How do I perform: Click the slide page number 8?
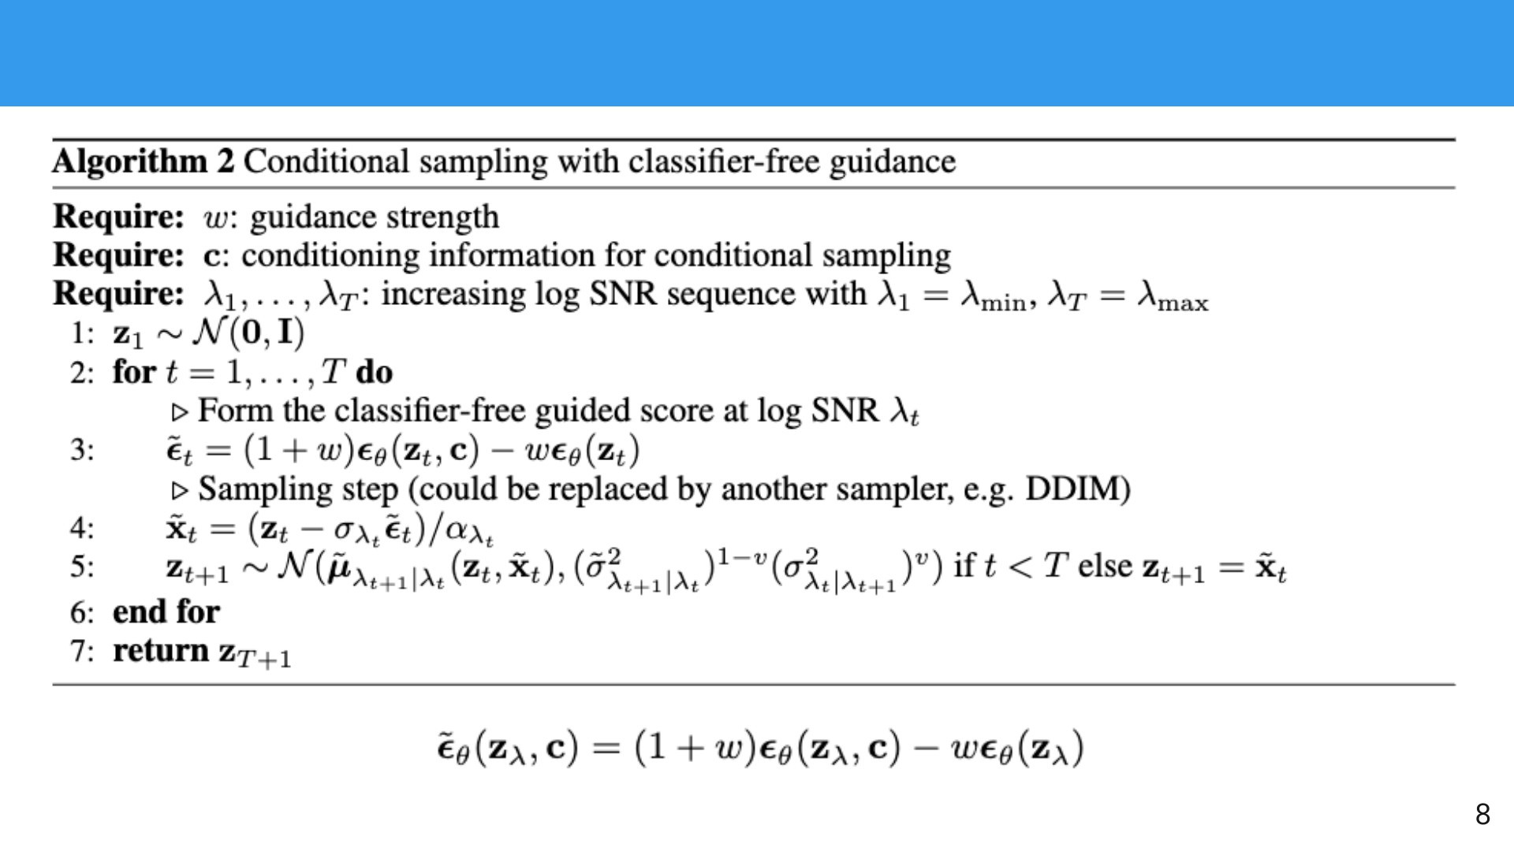[x=1482, y=814]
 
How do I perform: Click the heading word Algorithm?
[x=130, y=162]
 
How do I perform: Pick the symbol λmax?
[x=1172, y=296]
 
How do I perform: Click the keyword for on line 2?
[x=134, y=372]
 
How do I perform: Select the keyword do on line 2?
[x=374, y=372]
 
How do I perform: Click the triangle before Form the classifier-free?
[x=181, y=412]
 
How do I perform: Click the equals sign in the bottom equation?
[x=606, y=747]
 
